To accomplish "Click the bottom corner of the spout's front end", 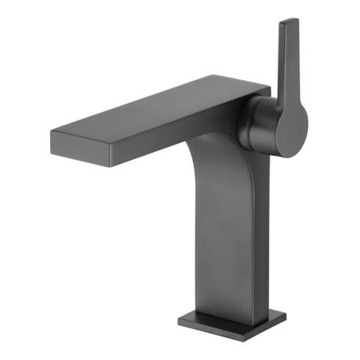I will (110, 167).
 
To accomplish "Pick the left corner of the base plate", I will (179, 318).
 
